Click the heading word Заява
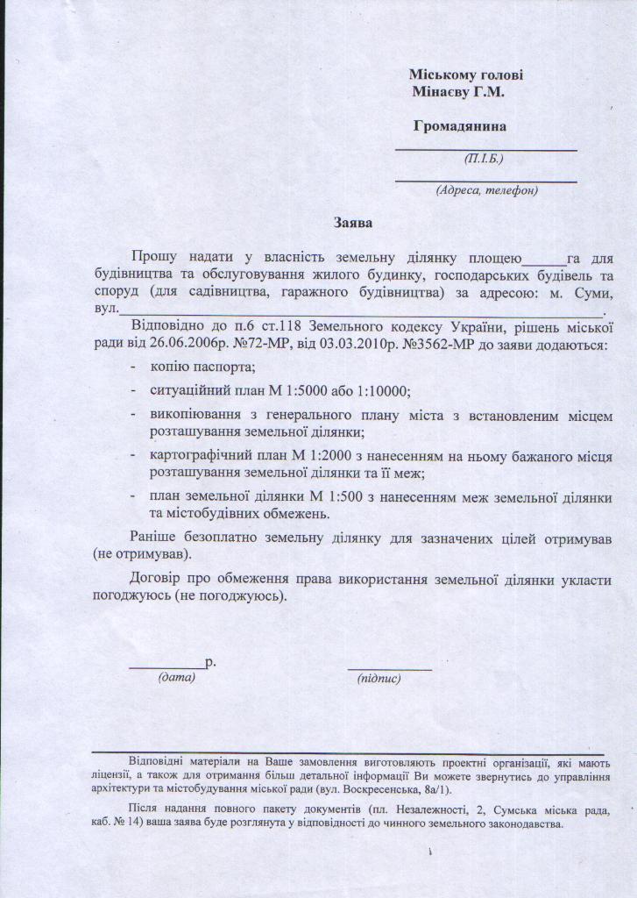(353, 223)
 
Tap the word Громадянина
(460, 125)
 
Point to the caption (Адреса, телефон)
(486, 189)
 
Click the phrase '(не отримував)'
(142, 554)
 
